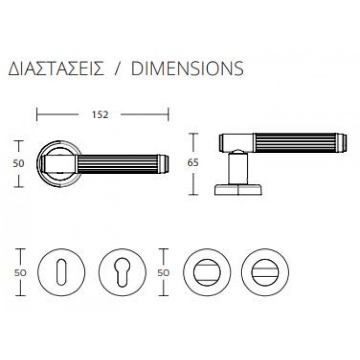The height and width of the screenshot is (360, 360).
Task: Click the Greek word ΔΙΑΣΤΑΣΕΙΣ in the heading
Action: click(56, 68)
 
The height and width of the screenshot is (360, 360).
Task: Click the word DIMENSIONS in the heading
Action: click(187, 68)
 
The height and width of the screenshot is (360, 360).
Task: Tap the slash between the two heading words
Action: click(118, 68)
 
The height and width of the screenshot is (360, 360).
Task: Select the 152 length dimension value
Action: click(100, 115)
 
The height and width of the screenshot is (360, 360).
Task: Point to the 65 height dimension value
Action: click(193, 163)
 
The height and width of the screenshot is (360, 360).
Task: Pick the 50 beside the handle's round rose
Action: click(19, 164)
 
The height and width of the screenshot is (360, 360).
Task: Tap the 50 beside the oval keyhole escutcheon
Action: click(21, 273)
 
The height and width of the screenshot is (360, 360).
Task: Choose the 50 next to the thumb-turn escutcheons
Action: click(163, 273)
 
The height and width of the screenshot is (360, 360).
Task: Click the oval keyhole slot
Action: click(61, 273)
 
